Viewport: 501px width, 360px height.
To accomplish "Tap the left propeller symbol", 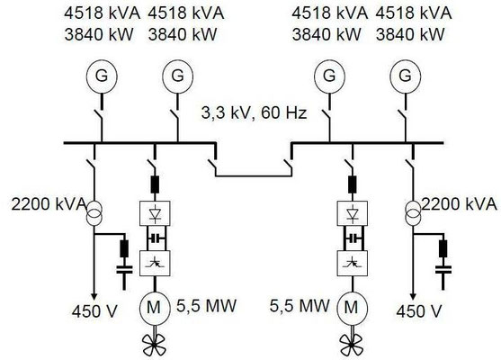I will pyautogui.click(x=148, y=343).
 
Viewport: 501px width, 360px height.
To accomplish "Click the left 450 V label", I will pyautogui.click(x=94, y=312).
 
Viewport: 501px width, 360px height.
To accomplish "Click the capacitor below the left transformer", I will pyautogui.click(x=124, y=267).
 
